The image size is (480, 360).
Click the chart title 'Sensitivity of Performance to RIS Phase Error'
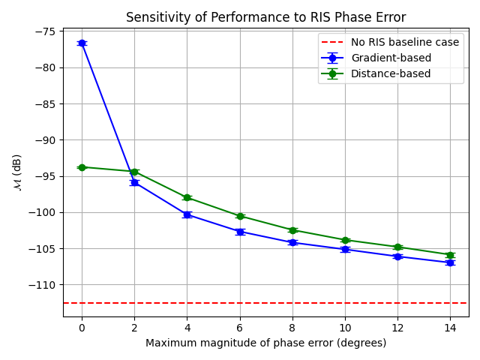click(x=265, y=17)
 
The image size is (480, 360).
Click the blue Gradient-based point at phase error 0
click(x=82, y=43)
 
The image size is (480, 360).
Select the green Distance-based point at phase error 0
click(x=82, y=167)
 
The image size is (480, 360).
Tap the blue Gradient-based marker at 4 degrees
click(x=187, y=214)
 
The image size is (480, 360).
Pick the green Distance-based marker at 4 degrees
click(x=187, y=197)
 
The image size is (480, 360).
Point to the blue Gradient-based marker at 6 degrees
click(x=240, y=232)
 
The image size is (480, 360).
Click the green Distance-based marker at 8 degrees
click(x=292, y=230)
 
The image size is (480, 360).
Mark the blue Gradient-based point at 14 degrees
click(x=450, y=262)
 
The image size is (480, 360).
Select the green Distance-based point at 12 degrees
click(x=397, y=247)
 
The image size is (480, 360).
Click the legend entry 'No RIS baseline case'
click(x=405, y=43)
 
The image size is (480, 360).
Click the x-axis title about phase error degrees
click(x=265, y=343)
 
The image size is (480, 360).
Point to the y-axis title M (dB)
click(x=16, y=172)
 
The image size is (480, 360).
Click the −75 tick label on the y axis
click(x=43, y=31)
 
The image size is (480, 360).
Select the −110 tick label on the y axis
click(x=41, y=285)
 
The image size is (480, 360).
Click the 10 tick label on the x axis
click(x=345, y=328)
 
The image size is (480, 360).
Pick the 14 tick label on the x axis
click(x=450, y=328)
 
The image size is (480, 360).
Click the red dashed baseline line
click(x=225, y=303)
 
